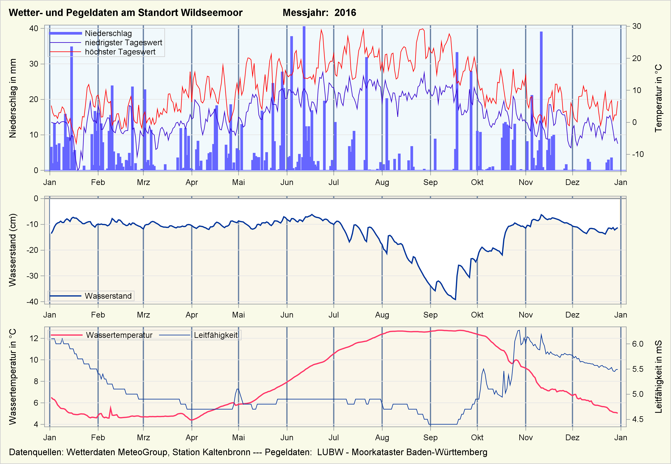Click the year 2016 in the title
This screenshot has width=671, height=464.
pyautogui.click(x=345, y=13)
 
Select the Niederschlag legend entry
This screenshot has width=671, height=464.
pyautogui.click(x=108, y=33)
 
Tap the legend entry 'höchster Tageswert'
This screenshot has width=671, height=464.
pyautogui.click(x=120, y=52)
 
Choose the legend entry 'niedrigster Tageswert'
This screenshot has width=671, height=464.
pyautogui.click(x=123, y=43)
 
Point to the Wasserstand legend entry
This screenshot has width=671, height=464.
pyautogui.click(x=108, y=296)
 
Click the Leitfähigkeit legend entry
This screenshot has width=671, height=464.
pyautogui.click(x=216, y=335)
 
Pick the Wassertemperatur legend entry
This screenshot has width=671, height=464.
pyautogui.click(x=119, y=335)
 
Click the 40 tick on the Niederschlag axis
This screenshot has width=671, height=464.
pyautogui.click(x=34, y=28)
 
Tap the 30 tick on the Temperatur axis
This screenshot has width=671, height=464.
pyautogui.click(x=636, y=26)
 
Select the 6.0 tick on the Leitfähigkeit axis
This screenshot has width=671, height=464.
pyautogui.click(x=638, y=344)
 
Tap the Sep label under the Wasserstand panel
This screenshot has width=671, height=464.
pyautogui.click(x=430, y=315)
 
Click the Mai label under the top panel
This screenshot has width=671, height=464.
pyautogui.click(x=238, y=183)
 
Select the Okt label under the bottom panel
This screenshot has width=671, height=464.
pyautogui.click(x=477, y=438)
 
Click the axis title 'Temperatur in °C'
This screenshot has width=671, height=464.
pyautogui.click(x=658, y=98)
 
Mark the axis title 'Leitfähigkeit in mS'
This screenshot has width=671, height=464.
pyautogui.click(x=658, y=377)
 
